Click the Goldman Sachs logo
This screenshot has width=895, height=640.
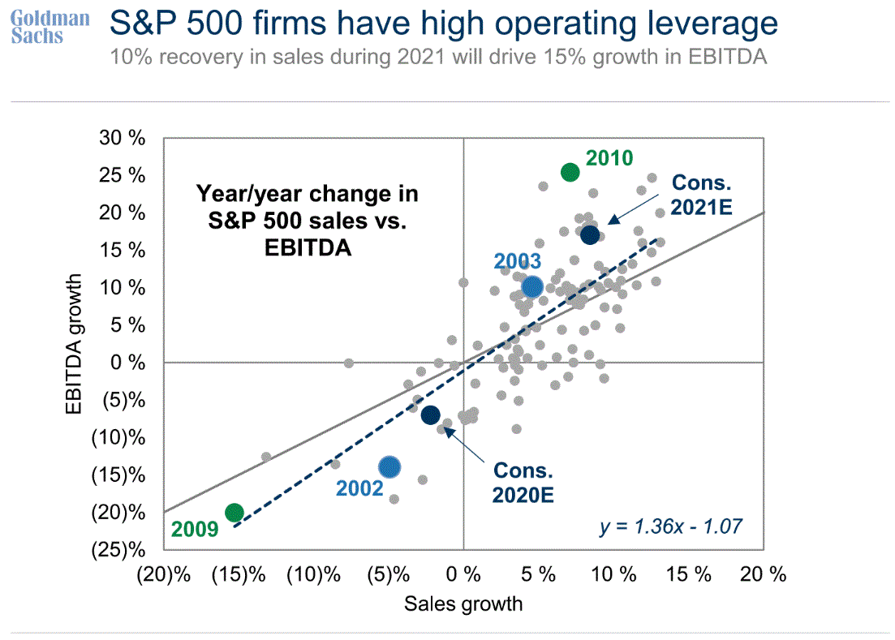click(50, 27)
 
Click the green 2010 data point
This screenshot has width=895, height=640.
click(570, 172)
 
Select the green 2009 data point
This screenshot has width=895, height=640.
click(235, 513)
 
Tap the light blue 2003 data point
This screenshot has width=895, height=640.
click(532, 287)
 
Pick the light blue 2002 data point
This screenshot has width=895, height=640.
click(389, 466)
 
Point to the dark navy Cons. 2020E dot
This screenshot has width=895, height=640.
click(430, 414)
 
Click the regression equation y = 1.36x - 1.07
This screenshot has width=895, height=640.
click(670, 527)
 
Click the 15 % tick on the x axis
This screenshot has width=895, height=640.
click(687, 575)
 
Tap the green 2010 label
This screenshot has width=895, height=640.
click(609, 158)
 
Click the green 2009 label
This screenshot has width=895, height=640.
click(196, 530)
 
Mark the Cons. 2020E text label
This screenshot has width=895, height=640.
click(523, 483)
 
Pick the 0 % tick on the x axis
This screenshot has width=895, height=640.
click(463, 575)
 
